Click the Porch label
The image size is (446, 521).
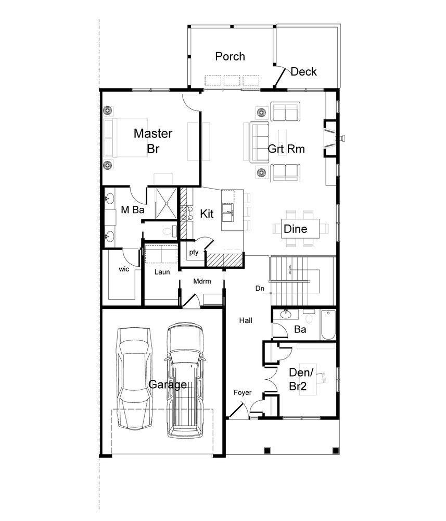tap(230, 56)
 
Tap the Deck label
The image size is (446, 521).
tap(303, 71)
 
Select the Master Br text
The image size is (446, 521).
tap(153, 141)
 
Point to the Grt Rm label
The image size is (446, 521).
tap(286, 148)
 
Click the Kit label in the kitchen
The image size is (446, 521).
tap(207, 214)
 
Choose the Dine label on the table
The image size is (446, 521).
tap(296, 229)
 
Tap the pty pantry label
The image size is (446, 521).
tap(194, 252)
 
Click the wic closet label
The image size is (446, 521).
tap(124, 269)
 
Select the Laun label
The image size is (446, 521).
tap(162, 272)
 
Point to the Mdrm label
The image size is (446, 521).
tap(202, 281)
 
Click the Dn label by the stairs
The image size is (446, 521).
tap(260, 289)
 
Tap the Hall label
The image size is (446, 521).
tap(246, 320)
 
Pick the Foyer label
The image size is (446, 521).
tap(243, 393)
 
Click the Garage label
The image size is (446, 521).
tap(168, 384)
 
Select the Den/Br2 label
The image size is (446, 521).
tap(301, 379)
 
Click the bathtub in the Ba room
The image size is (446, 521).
tap(328, 324)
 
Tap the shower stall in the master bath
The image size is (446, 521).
tap(166, 203)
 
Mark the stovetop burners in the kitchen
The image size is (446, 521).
tap(187, 213)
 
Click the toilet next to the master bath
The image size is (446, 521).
tap(169, 231)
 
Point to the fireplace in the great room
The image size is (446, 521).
tap(330, 138)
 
